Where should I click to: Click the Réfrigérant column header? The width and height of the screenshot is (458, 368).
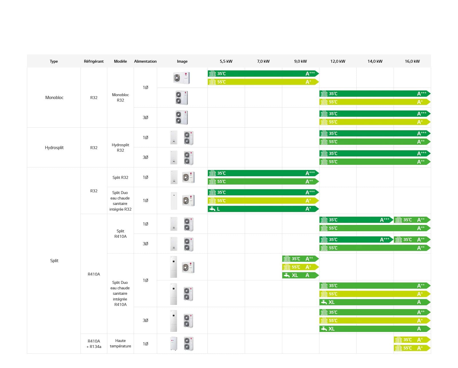click(x=94, y=61)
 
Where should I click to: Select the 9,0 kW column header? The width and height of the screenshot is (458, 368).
click(x=300, y=61)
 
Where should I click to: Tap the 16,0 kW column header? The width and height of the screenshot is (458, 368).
click(x=412, y=61)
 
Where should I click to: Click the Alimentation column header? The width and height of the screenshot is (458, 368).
click(x=145, y=61)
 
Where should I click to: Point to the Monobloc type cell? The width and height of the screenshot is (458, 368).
click(x=54, y=98)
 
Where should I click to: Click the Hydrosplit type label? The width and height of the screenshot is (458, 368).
click(x=54, y=148)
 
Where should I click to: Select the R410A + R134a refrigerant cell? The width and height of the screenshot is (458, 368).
click(x=94, y=344)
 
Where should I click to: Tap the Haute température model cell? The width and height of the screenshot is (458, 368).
click(x=120, y=343)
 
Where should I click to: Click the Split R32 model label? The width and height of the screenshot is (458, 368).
click(x=120, y=177)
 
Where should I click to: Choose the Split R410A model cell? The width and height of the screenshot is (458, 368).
click(x=120, y=234)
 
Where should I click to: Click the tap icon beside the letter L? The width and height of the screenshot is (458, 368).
click(x=212, y=209)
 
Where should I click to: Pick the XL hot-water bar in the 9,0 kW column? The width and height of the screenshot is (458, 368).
click(x=300, y=275)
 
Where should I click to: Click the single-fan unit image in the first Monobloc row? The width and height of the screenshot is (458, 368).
click(x=182, y=78)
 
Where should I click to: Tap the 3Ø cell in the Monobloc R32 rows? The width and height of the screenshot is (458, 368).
click(x=145, y=118)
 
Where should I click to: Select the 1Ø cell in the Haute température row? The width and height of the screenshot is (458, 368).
click(x=145, y=344)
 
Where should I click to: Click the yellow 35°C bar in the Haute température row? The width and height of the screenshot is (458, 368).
click(x=412, y=340)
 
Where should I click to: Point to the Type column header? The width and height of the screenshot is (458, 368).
click(x=54, y=61)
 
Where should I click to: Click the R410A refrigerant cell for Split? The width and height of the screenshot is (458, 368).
click(x=94, y=274)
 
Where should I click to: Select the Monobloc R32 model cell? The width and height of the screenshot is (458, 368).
click(x=120, y=98)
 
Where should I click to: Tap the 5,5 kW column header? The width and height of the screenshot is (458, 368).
click(x=226, y=61)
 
